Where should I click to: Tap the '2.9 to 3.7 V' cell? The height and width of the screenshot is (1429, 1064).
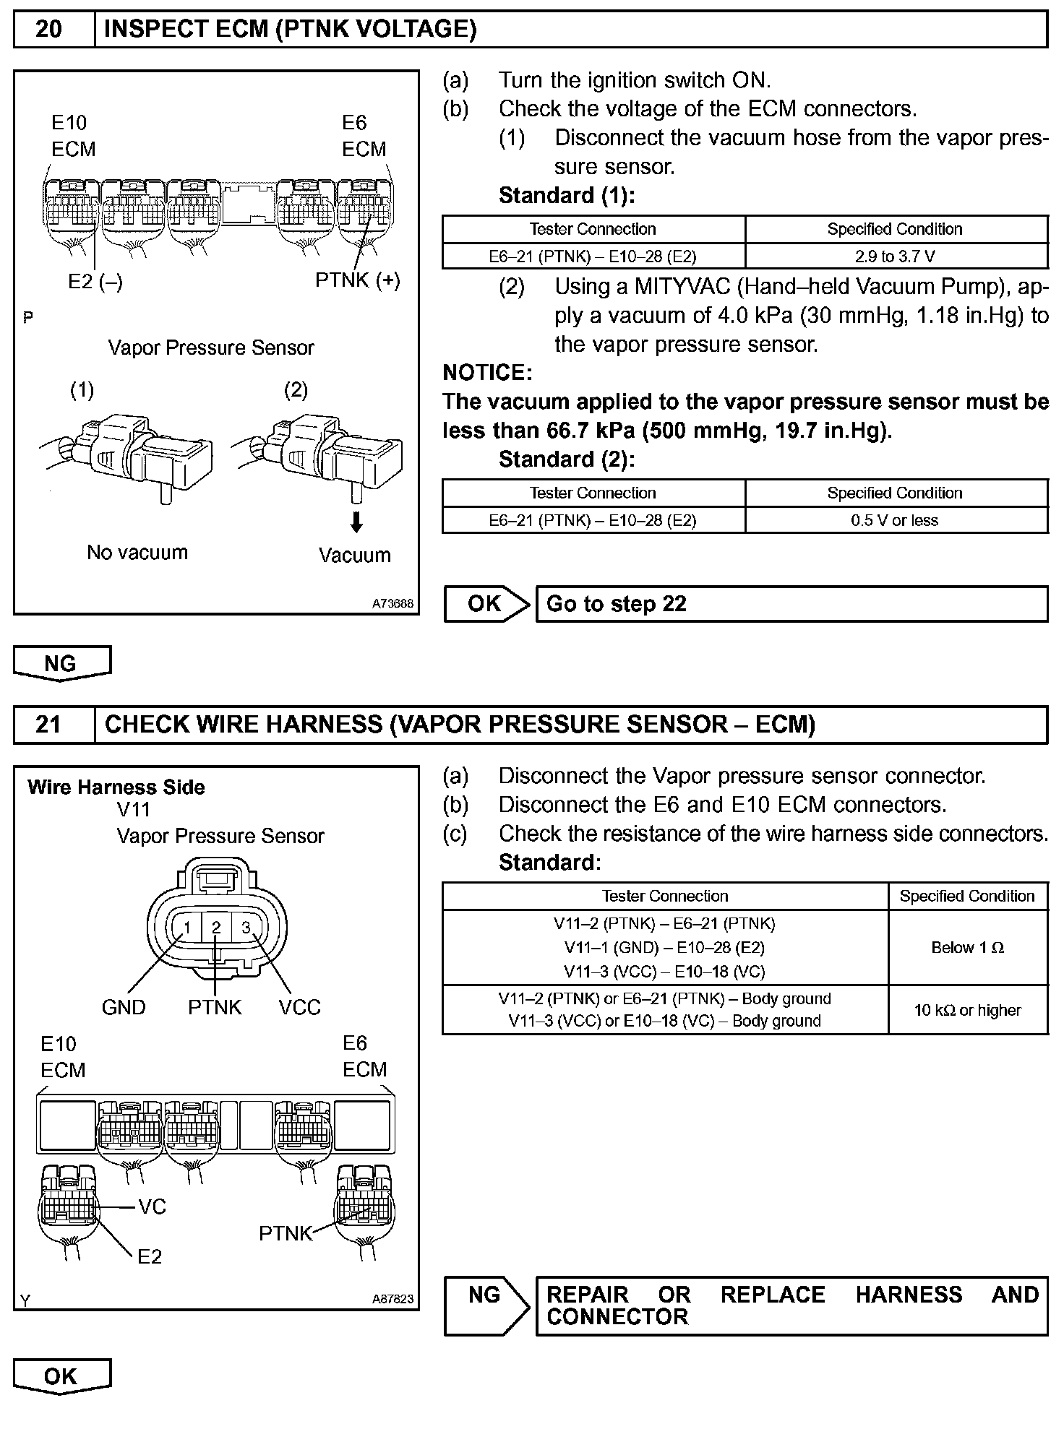tap(896, 256)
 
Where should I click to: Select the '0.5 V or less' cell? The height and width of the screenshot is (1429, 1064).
tap(896, 520)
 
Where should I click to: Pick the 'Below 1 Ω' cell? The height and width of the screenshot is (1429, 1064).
tap(967, 947)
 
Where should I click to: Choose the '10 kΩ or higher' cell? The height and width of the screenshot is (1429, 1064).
tap(967, 1010)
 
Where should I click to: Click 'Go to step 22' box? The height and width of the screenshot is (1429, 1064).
tap(791, 604)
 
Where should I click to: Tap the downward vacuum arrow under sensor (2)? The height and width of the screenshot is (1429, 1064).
tap(356, 522)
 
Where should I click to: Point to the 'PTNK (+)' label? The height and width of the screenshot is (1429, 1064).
tap(357, 280)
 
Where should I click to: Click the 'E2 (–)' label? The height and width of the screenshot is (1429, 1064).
tap(95, 282)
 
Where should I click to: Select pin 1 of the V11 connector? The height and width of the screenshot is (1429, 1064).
tap(186, 928)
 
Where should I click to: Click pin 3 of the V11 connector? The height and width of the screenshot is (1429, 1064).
tap(246, 928)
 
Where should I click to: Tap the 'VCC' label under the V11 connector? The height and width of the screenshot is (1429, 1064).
tap(299, 1007)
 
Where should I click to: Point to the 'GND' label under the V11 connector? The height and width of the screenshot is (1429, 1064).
tap(124, 1007)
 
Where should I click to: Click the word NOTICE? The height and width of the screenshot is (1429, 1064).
tap(487, 373)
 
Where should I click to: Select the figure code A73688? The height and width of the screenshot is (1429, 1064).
tap(393, 603)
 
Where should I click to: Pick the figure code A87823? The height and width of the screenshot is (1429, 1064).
tap(393, 1298)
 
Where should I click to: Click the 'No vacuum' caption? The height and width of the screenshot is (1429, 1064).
tap(137, 553)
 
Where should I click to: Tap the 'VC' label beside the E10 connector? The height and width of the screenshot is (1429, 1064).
tap(152, 1206)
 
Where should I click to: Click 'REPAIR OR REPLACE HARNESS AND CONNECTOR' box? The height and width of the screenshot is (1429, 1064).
tap(791, 1306)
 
